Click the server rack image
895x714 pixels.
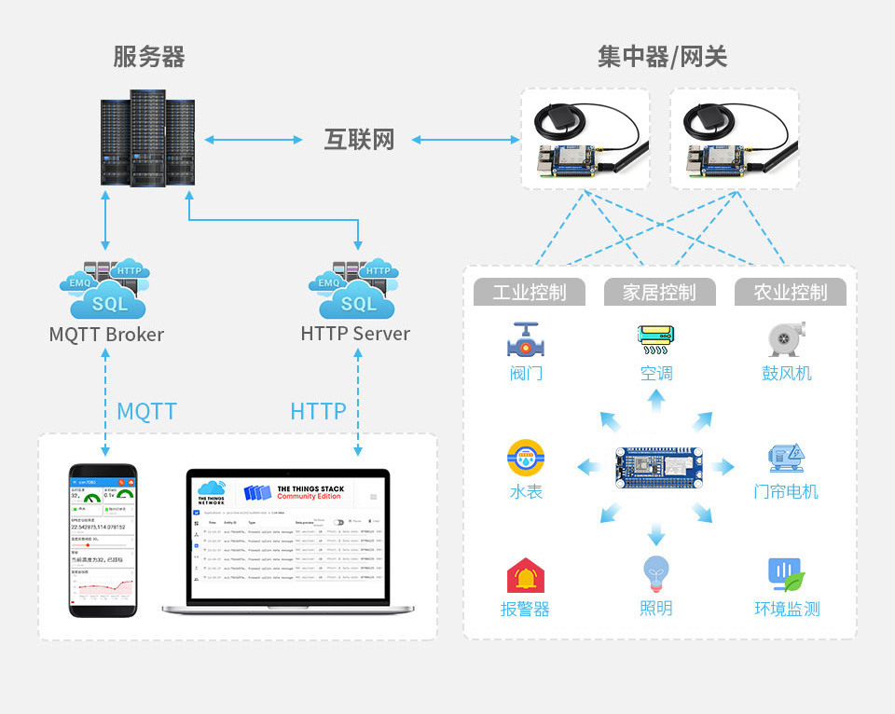147,138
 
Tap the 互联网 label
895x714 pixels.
359,140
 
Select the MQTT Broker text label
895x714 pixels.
106,334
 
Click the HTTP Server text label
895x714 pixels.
355,333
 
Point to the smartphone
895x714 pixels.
103,540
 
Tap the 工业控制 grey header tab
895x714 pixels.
529,292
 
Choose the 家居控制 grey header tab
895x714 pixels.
659,292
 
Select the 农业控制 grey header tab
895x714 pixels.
791,292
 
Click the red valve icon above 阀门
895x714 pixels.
527,340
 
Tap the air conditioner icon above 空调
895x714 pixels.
656,339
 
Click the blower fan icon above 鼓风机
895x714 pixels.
786,339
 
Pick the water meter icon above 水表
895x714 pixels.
526,459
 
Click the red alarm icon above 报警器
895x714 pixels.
526,576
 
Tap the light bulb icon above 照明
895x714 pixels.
656,574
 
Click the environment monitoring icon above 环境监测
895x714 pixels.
786,576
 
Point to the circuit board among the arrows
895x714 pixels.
658,467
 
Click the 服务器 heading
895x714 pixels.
149,57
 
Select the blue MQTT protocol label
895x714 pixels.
146,411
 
